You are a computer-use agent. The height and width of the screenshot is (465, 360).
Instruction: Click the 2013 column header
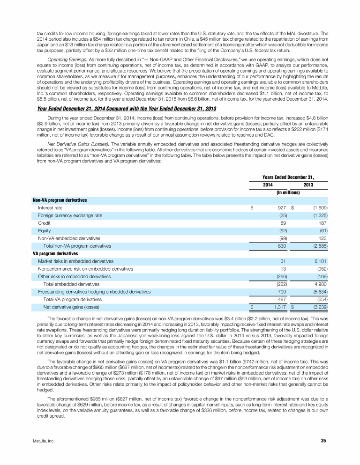308,185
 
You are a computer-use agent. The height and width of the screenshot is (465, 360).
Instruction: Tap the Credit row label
45,223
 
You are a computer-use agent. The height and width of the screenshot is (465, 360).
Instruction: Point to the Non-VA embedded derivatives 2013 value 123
322,238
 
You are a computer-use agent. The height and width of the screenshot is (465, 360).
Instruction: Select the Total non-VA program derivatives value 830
281,245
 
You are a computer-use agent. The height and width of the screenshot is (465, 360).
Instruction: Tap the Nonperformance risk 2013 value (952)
321,268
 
